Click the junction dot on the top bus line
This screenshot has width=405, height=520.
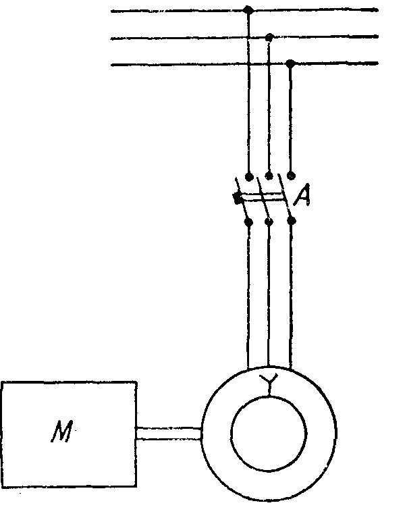point(248,10)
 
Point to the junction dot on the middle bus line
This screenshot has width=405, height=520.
point(269,37)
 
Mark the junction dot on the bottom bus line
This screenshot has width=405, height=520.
point(290,64)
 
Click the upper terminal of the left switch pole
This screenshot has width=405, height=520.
point(249,177)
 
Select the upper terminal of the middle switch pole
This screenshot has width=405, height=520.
point(269,176)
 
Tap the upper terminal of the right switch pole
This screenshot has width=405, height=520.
point(291,176)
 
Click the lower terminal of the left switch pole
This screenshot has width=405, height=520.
point(249,222)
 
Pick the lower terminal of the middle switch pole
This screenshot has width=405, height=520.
point(269,221)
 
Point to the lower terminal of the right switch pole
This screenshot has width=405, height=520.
point(292,221)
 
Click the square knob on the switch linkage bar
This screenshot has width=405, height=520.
point(237,199)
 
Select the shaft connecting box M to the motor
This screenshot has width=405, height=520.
point(169,434)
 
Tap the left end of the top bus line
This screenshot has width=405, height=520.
point(112,11)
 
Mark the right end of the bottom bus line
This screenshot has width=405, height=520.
point(377,64)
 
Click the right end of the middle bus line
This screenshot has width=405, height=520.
point(377,38)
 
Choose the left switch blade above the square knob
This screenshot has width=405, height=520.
point(240,188)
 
